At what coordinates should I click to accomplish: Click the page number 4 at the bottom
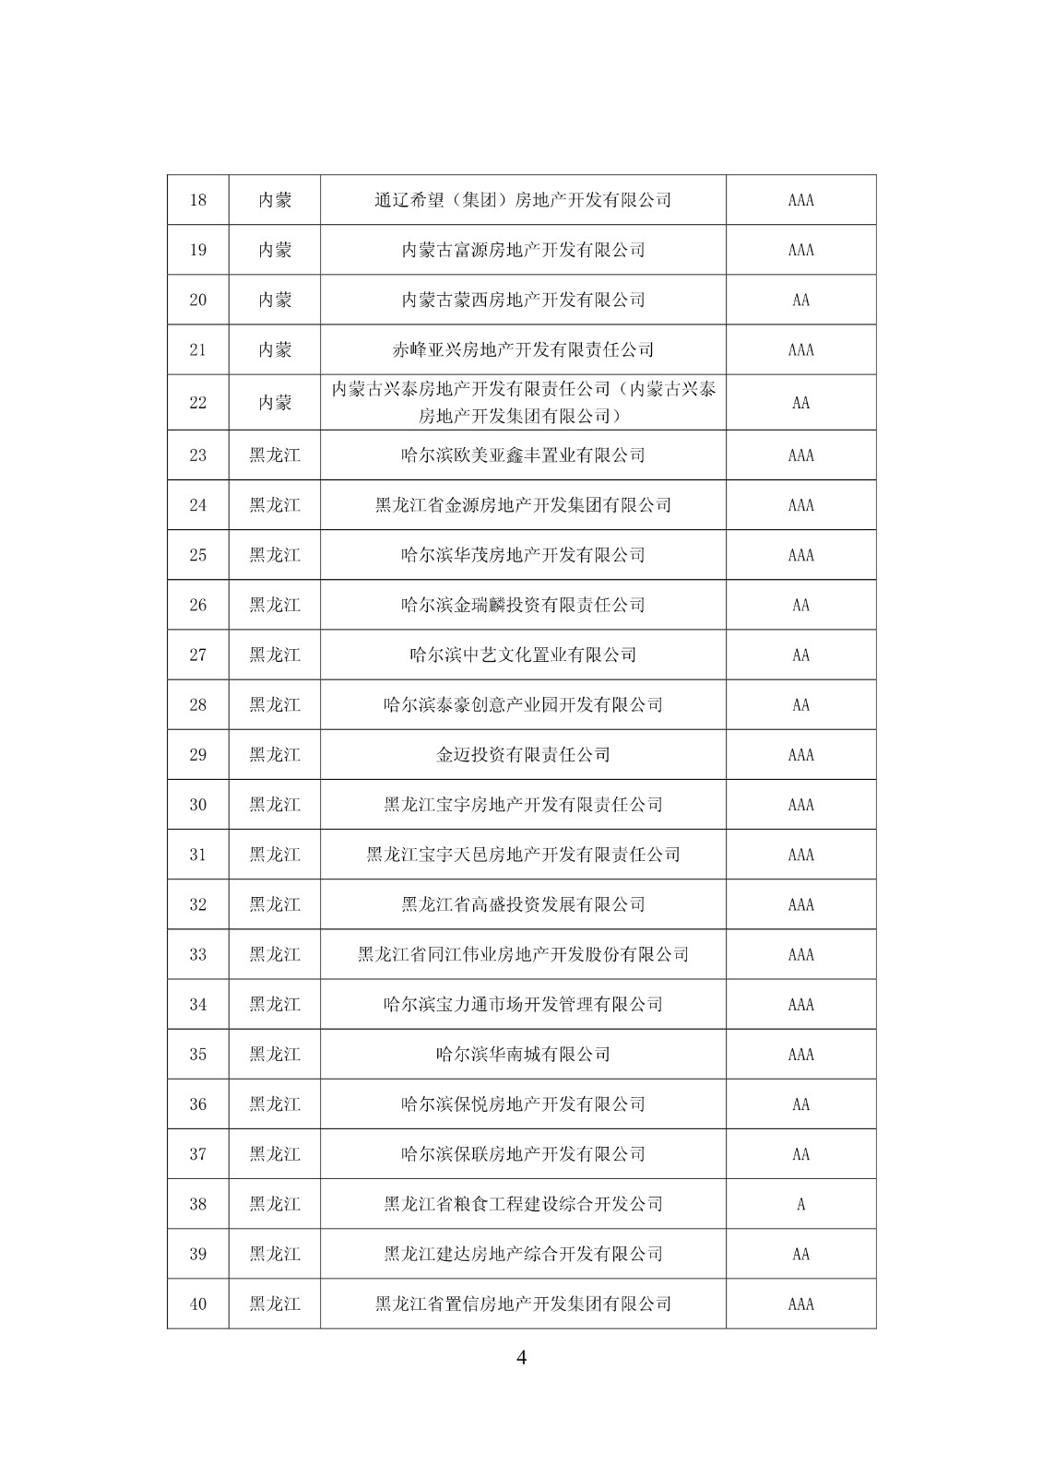tap(521, 1357)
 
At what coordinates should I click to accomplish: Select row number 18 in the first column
tap(197, 200)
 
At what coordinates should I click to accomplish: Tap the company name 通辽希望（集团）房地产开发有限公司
tap(523, 200)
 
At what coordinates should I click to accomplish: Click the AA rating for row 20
tap(800, 300)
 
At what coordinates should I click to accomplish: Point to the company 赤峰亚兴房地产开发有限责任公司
tap(523, 349)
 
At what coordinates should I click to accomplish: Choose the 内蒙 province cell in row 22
tap(275, 402)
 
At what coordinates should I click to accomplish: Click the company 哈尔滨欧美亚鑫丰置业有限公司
tap(523, 455)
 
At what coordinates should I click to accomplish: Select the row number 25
tap(197, 555)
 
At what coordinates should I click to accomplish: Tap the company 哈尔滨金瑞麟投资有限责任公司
tap(523, 605)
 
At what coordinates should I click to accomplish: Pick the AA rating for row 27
tap(800, 655)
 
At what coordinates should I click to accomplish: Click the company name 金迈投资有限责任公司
tap(523, 755)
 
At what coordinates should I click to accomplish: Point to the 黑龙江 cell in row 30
tap(275, 805)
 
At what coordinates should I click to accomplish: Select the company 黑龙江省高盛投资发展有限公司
tap(523, 904)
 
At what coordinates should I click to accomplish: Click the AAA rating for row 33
tap(800, 954)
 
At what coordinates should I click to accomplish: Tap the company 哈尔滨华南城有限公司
tap(523, 1055)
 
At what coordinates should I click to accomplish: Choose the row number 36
tap(197, 1104)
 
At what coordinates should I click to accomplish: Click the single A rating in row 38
tap(800, 1204)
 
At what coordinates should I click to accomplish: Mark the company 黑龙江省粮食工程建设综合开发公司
tap(523, 1204)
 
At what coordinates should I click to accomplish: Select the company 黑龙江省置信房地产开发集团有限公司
tap(523, 1304)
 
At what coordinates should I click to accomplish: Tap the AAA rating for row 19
tap(800, 250)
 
